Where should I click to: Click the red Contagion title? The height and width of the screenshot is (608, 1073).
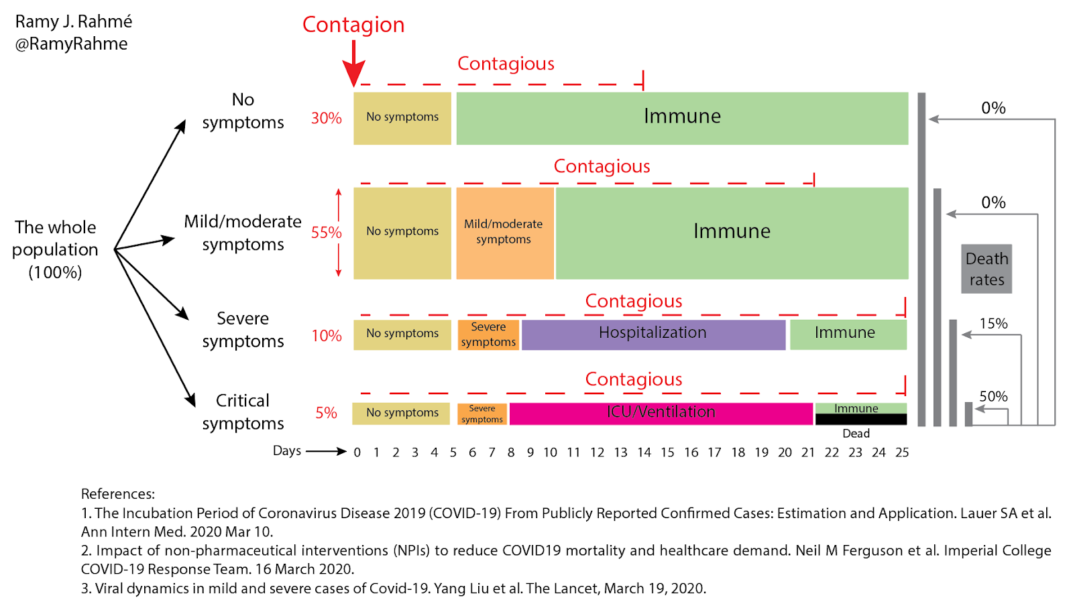tap(353, 25)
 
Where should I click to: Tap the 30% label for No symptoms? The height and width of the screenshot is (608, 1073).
tap(327, 118)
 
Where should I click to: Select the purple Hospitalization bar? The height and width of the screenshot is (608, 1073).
tap(653, 334)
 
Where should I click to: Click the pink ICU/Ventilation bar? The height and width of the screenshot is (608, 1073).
tap(661, 413)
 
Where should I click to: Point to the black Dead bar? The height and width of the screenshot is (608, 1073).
tap(860, 420)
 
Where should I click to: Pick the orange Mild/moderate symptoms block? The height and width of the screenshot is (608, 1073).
tap(504, 233)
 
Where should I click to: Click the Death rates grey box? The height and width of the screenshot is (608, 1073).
tap(986, 269)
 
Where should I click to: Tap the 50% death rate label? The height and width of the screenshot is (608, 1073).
tap(993, 396)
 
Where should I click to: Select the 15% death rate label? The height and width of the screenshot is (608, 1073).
tap(993, 324)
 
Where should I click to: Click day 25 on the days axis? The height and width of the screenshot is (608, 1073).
tap(902, 452)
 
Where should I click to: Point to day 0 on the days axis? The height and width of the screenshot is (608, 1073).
tap(357, 452)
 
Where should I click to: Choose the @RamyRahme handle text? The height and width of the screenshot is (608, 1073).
tap(71, 44)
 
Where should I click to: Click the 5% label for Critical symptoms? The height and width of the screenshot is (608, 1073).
tap(327, 413)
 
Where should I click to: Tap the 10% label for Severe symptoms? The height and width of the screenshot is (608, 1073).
tap(327, 336)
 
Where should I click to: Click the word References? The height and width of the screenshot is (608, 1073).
tap(117, 494)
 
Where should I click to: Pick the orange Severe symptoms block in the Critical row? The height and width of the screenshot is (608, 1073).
tap(482, 414)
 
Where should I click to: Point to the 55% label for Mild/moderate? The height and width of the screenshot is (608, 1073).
tap(327, 233)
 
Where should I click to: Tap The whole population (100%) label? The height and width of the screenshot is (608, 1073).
tap(56, 249)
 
